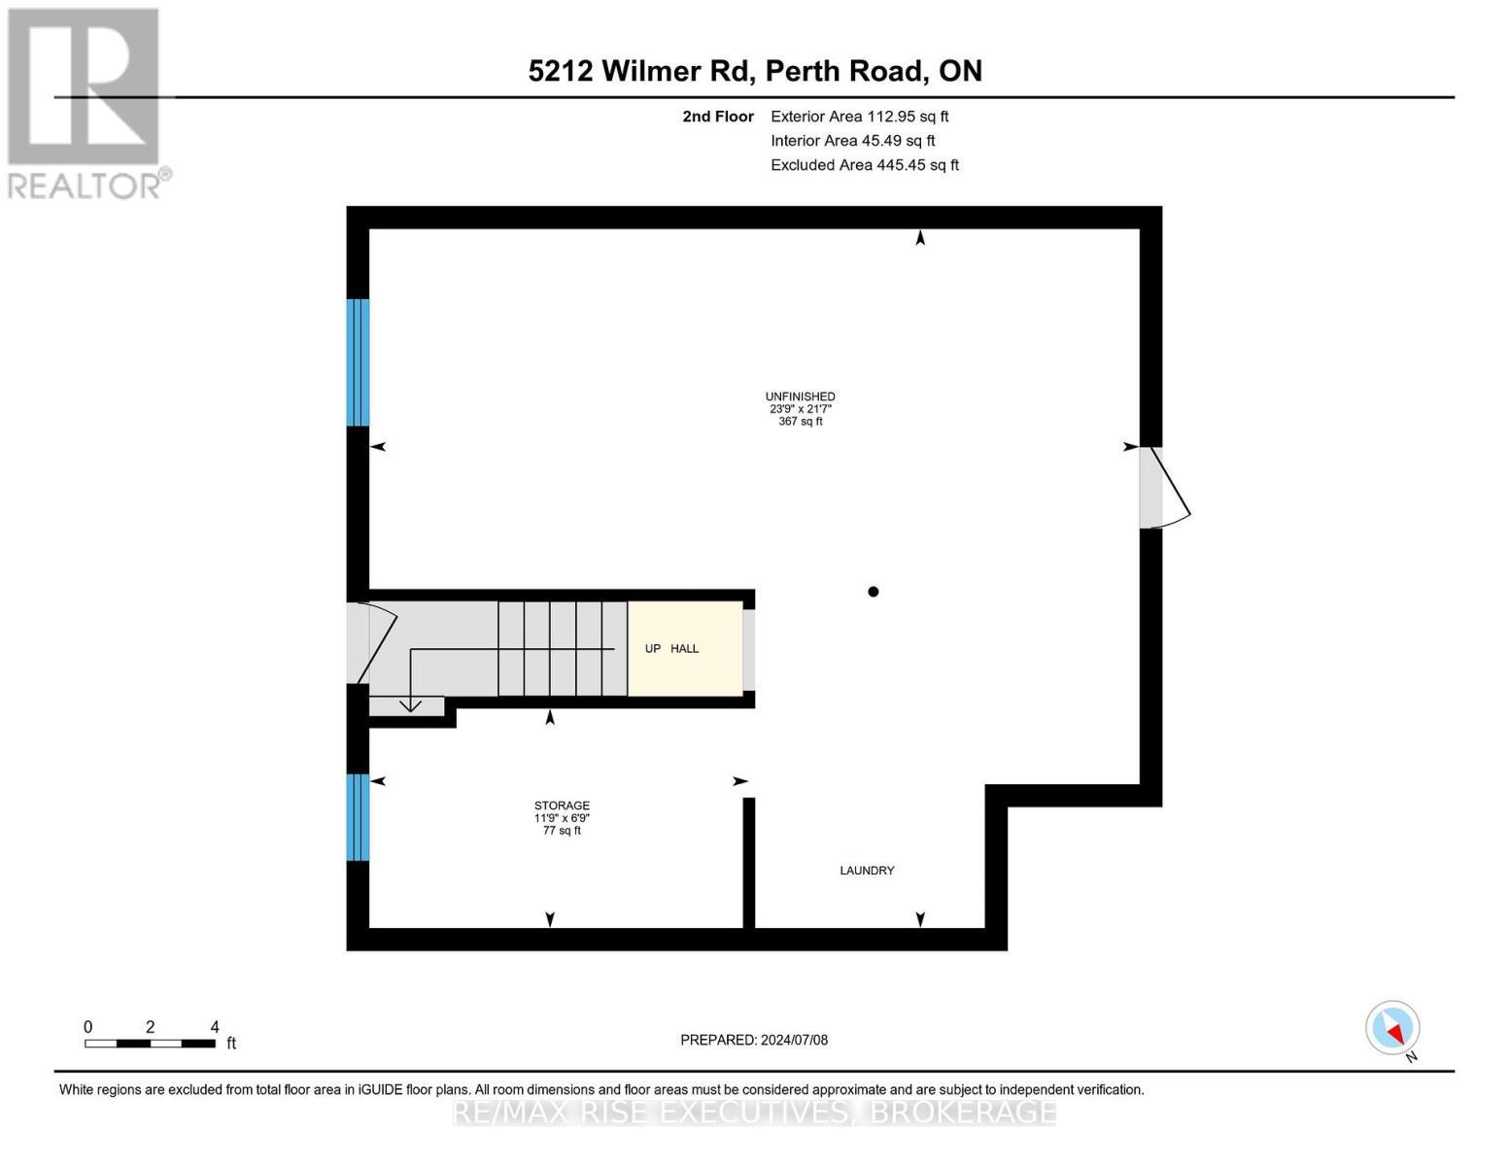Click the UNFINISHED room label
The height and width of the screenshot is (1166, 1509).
click(x=800, y=396)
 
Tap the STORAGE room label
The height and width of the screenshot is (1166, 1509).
click(x=562, y=806)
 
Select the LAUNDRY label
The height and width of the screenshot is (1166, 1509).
click(x=867, y=871)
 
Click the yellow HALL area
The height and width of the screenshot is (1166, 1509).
click(x=685, y=648)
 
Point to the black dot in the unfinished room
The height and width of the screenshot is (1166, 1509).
click(x=874, y=592)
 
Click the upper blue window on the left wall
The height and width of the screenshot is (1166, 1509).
click(x=358, y=361)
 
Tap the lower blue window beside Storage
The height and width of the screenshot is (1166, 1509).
click(x=358, y=817)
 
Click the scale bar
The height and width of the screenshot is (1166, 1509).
click(x=150, y=1044)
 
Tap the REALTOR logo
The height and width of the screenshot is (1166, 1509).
click(x=86, y=102)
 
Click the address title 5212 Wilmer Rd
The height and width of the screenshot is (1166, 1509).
click(x=755, y=71)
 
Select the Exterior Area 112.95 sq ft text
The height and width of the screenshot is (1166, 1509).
click(x=859, y=117)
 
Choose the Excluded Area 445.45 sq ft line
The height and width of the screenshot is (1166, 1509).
click(x=864, y=165)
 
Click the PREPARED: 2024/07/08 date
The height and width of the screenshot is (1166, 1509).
click(x=754, y=1040)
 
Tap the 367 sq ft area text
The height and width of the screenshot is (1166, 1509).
click(x=800, y=422)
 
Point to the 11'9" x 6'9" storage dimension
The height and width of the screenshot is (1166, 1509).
click(x=562, y=818)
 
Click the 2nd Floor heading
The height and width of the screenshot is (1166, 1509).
click(x=718, y=117)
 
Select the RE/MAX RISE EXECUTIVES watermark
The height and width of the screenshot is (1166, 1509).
click(x=754, y=1112)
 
